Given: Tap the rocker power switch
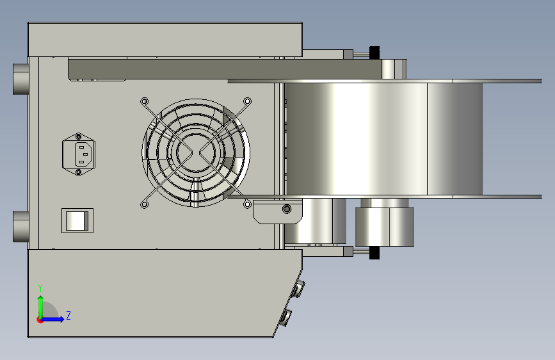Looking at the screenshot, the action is [77, 221].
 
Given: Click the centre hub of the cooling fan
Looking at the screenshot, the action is [195, 152].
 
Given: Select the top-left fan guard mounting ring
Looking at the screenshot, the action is [145, 102].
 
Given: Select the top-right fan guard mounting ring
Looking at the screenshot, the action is [248, 101].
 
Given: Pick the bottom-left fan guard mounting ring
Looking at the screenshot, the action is [145, 204].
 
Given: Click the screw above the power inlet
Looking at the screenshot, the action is [79, 136].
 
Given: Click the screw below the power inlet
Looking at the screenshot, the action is [79, 172].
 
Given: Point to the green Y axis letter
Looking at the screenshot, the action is [40, 288].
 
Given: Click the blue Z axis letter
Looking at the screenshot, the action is [68, 315].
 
